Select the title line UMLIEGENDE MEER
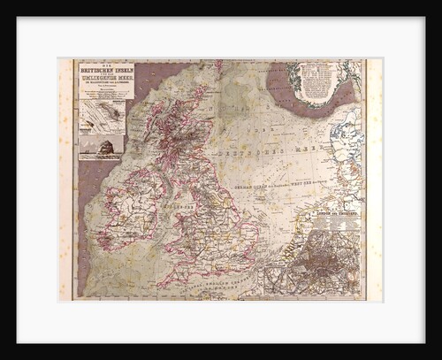point(105,80)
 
